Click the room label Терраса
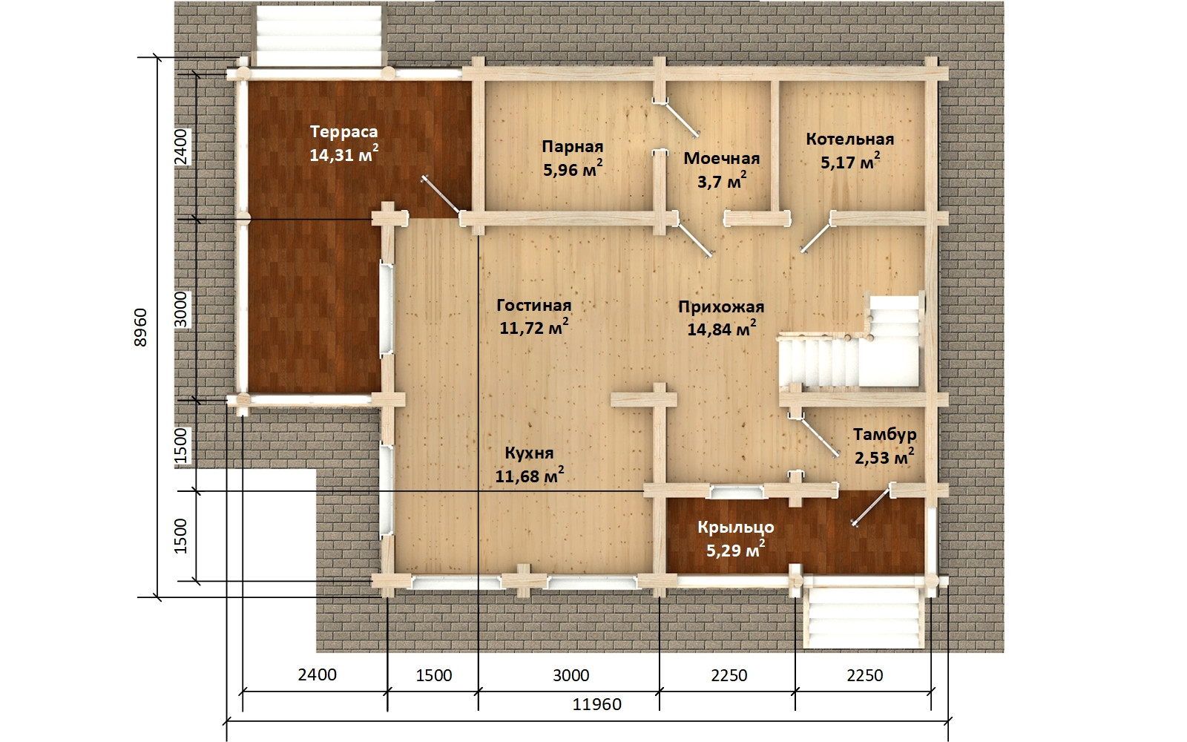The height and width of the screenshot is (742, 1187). coord(344,131)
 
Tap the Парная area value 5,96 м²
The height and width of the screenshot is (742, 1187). coord(573,169)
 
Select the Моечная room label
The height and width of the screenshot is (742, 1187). coord(722,158)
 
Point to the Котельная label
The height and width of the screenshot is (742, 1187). coord(850,139)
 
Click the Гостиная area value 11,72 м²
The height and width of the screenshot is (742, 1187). coord(534,327)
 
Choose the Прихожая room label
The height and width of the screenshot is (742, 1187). coord(721,307)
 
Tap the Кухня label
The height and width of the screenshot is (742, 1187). coord(529,453)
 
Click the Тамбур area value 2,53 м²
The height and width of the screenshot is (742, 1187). coord(884,457)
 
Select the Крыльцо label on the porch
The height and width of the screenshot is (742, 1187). coord(735,528)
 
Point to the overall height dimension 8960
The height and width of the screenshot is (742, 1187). coord(140,327)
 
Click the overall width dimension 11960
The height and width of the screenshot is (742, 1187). coord(596,704)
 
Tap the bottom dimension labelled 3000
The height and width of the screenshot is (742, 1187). coord(571,675)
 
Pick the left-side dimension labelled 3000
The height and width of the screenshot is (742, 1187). coord(181,309)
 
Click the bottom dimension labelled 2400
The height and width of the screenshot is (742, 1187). coord(318,674)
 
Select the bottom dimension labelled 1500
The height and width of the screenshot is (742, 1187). coord(434,675)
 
